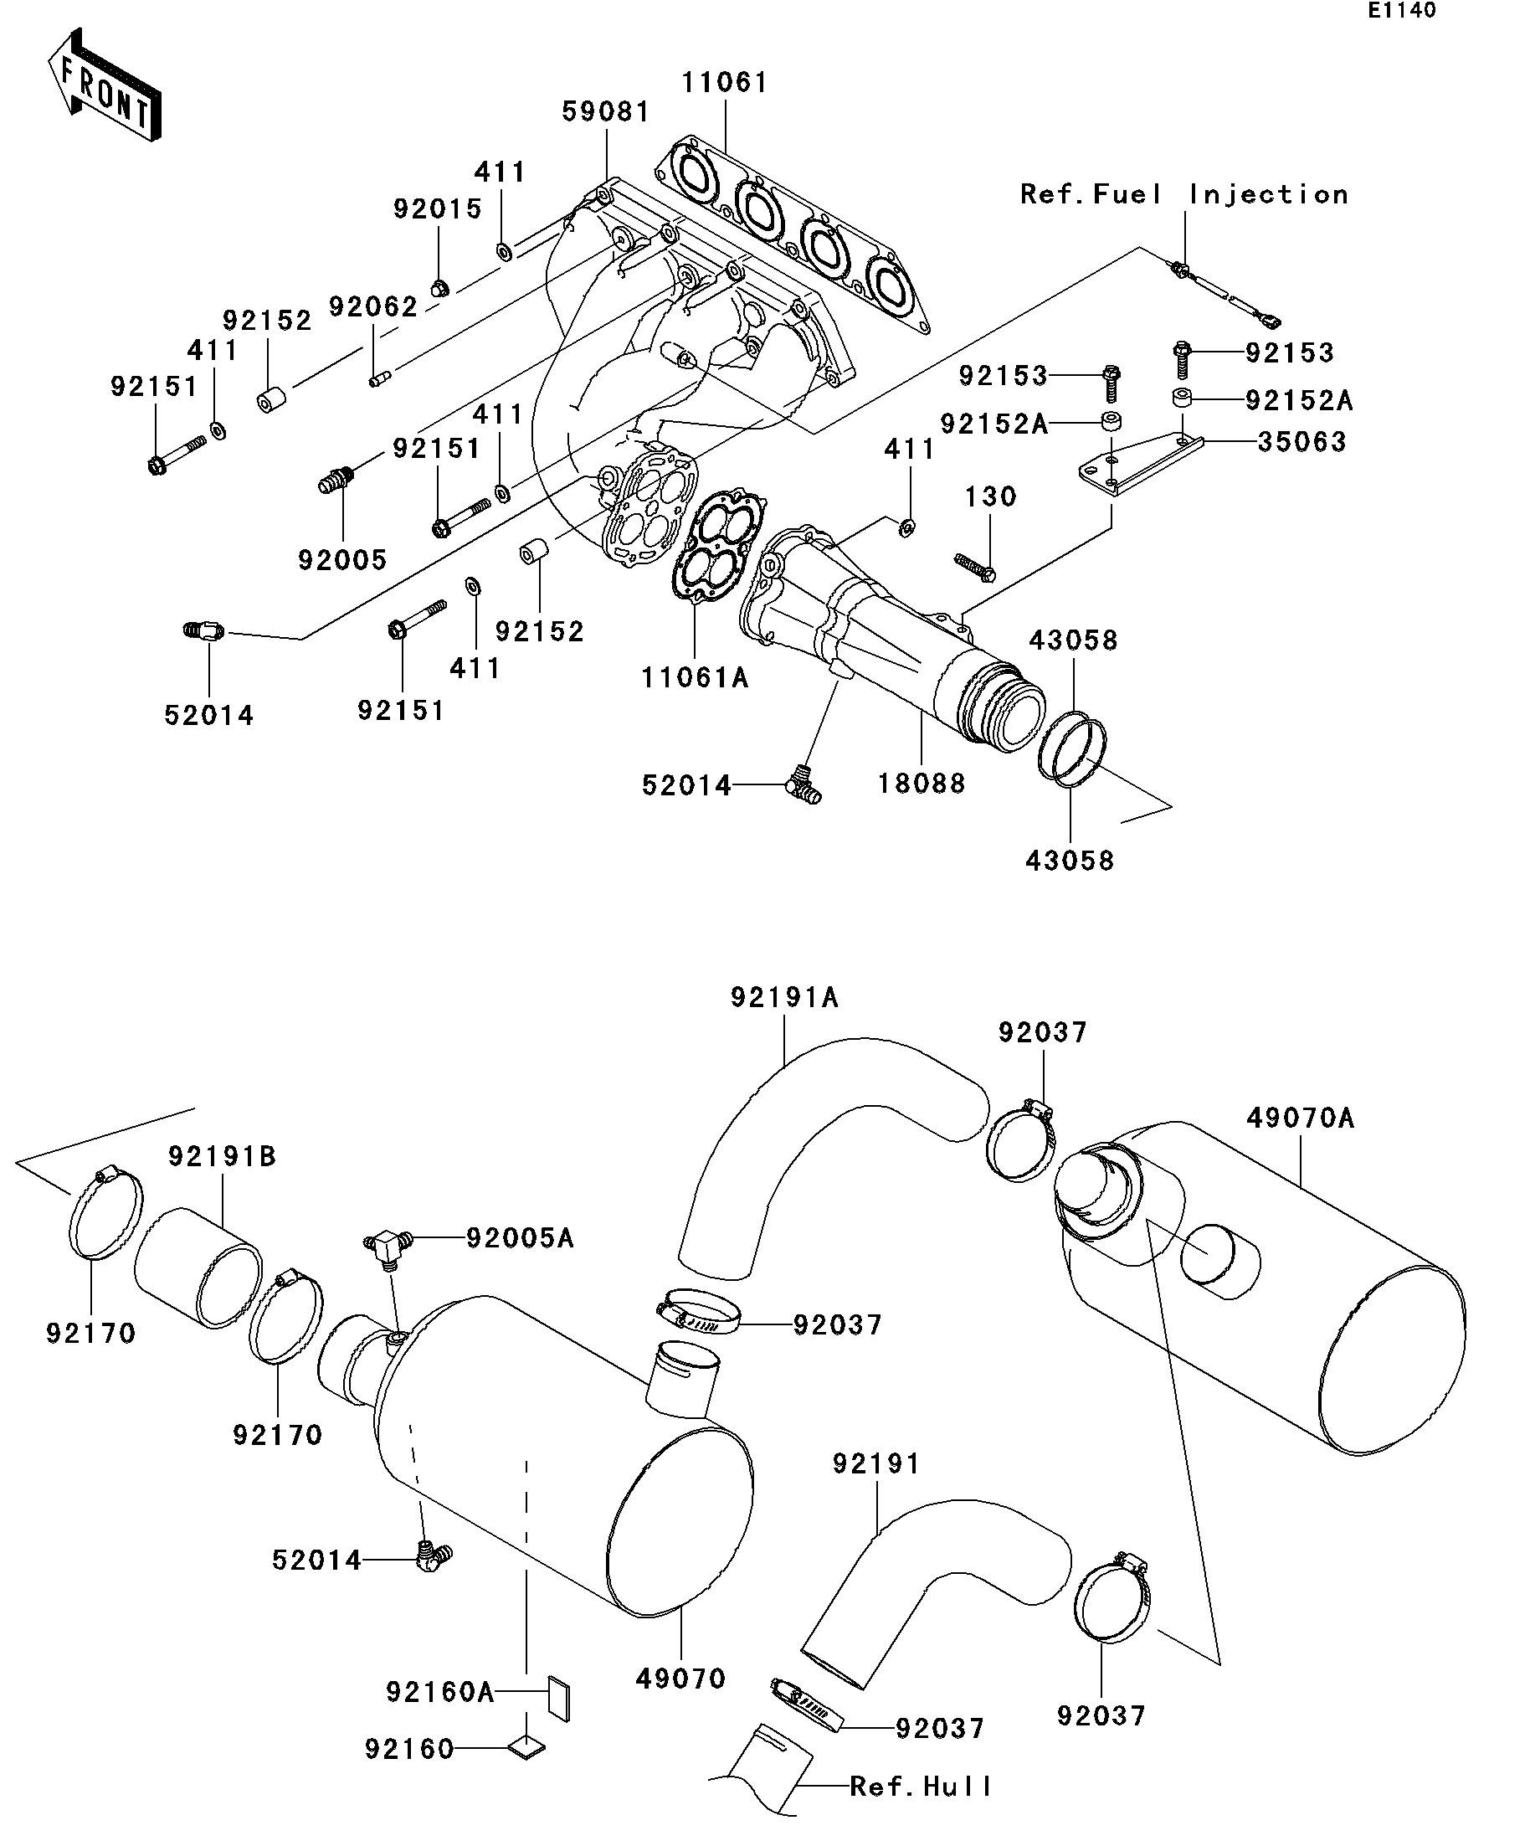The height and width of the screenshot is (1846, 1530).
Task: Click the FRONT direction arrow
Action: coord(104,85)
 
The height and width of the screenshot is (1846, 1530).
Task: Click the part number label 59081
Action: coord(606,111)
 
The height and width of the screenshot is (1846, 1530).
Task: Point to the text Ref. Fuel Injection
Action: coord(1183,194)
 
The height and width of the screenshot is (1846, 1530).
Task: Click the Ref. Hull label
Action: coord(921,1787)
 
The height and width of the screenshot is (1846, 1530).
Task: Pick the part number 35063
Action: coord(1302,441)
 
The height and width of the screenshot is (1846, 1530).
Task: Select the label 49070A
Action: coord(1301,1118)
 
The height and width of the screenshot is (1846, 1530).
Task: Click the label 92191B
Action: coord(223,1156)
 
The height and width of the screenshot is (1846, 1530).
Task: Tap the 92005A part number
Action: coord(520,1237)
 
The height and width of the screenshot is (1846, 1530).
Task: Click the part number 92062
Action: coord(373,306)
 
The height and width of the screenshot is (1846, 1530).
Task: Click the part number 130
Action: coord(990,496)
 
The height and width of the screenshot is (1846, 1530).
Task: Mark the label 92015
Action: coord(438,208)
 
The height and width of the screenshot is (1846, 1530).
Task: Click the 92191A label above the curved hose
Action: coord(784,998)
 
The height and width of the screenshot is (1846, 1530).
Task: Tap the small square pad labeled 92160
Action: coord(527,1748)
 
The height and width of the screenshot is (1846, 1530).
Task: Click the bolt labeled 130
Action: coord(974,566)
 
